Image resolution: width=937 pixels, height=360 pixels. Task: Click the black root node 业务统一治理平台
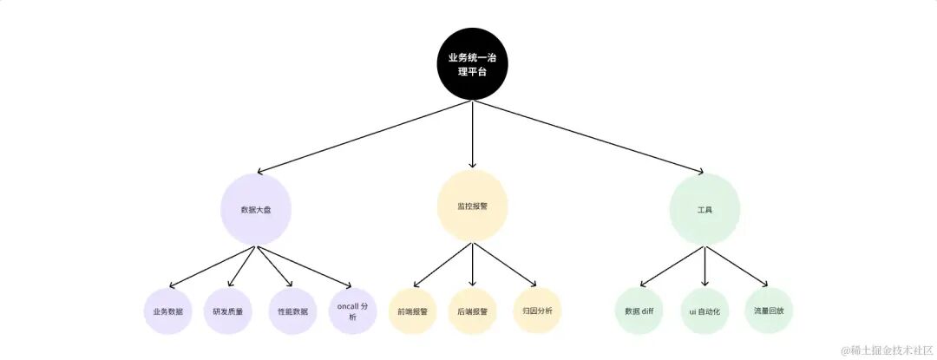click(472, 64)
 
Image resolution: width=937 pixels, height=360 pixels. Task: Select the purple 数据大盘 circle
click(255, 208)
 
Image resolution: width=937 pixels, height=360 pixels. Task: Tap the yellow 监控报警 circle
click(472, 206)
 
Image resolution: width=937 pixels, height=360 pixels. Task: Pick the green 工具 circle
click(704, 209)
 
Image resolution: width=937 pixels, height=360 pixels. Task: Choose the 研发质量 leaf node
click(228, 311)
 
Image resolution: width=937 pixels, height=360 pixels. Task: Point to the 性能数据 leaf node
click(292, 311)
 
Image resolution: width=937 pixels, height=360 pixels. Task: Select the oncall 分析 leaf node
click(352, 311)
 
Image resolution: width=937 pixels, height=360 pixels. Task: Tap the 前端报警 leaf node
click(412, 311)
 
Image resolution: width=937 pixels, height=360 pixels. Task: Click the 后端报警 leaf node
click(472, 311)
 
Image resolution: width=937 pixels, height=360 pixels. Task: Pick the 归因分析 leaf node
click(538, 311)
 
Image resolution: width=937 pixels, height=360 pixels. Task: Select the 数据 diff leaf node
click(639, 311)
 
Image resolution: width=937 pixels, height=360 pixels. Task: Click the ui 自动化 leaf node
click(704, 311)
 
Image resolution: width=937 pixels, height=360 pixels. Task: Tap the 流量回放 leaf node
click(769, 311)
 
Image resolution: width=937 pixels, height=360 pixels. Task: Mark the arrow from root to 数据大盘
click(364, 137)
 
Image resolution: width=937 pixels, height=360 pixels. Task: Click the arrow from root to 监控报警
click(472, 134)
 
